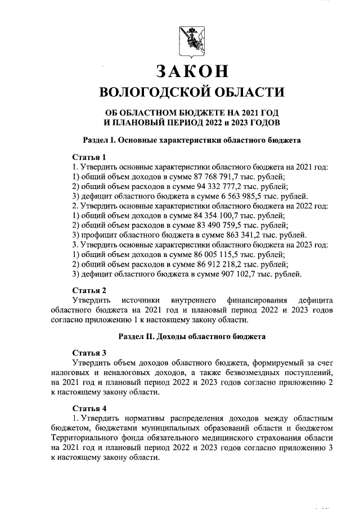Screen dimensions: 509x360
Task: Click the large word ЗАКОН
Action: point(192,71)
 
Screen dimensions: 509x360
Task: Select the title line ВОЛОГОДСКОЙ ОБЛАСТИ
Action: point(192,91)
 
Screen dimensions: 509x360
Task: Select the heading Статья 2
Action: point(89,290)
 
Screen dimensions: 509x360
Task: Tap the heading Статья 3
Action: point(89,353)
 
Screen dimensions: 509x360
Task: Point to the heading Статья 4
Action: point(89,408)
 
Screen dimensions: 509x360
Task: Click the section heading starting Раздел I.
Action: point(192,138)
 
